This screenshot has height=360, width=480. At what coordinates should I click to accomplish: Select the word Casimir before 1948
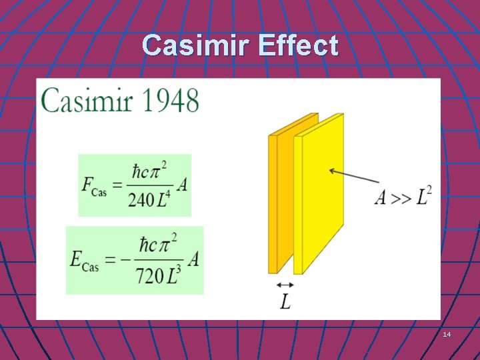click(87, 101)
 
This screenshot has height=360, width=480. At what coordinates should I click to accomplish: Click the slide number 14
click(447, 333)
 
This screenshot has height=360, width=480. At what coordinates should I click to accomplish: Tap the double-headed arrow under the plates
click(285, 285)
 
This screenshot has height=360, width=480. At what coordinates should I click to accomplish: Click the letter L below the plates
click(285, 302)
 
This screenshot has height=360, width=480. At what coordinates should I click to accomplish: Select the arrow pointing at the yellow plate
click(353, 177)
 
